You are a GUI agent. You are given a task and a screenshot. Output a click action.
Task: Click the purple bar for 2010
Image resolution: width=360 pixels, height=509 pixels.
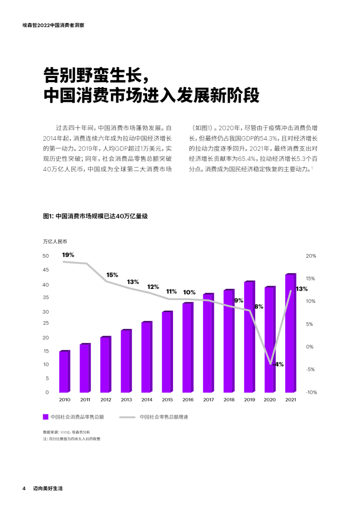click(64, 372)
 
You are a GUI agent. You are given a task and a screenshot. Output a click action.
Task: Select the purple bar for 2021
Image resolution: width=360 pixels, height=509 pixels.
click(290, 333)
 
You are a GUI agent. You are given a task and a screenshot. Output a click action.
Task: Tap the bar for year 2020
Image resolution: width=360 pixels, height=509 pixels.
click(270, 340)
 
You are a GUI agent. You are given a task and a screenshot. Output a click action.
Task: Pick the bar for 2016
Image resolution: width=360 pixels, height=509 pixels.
click(187, 347)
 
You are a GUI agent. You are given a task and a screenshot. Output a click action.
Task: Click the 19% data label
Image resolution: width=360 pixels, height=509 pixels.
click(68, 255)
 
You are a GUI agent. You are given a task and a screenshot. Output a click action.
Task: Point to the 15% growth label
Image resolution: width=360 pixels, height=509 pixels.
click(112, 275)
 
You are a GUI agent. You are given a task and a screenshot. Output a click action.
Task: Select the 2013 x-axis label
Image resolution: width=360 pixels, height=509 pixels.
click(126, 400)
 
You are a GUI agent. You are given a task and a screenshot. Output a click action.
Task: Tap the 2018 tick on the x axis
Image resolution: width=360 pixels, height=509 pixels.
click(229, 400)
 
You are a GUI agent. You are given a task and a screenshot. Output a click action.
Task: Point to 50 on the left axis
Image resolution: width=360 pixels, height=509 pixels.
click(45, 256)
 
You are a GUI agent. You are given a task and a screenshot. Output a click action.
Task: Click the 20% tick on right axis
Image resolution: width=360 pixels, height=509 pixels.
click(311, 256)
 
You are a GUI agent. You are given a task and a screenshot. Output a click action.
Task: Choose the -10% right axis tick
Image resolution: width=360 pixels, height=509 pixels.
click(311, 392)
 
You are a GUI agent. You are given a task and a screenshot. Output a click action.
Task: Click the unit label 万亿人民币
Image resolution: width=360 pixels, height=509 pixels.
click(55, 241)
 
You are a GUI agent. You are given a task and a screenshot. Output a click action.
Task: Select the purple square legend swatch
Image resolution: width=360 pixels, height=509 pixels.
click(45, 416)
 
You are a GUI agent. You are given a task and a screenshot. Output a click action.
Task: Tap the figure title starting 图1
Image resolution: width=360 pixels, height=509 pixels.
click(95, 216)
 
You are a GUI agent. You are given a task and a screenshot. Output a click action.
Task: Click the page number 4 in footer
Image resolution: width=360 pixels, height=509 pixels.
click(24, 489)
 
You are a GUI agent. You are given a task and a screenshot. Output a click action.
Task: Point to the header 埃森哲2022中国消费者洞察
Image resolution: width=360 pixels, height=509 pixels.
click(53, 25)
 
